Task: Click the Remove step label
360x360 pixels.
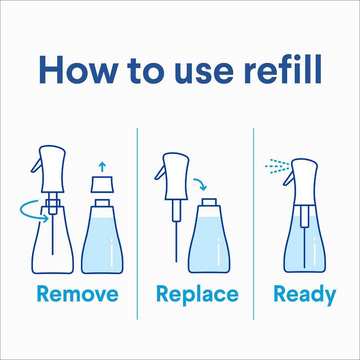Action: tap(77, 294)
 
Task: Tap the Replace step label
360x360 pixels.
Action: tap(197, 294)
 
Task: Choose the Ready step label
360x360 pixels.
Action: tap(305, 295)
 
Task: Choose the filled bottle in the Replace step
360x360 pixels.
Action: tap(208, 243)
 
